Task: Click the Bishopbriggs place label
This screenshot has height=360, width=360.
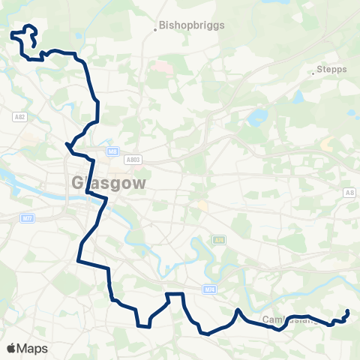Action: tap(187, 25)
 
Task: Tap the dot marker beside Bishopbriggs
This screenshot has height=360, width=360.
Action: tap(155, 30)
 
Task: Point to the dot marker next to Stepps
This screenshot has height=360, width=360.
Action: tap(313, 73)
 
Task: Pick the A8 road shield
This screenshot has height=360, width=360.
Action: tap(349, 193)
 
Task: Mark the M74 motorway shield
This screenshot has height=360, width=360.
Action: tap(208, 288)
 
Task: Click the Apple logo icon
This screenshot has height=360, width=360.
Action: tap(11, 348)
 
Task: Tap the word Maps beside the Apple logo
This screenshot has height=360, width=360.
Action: tap(32, 348)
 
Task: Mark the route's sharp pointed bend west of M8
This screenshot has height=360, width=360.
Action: tap(67, 143)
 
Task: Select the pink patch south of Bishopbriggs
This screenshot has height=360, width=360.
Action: tap(160, 67)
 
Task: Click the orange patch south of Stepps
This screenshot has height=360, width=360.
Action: tap(327, 142)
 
